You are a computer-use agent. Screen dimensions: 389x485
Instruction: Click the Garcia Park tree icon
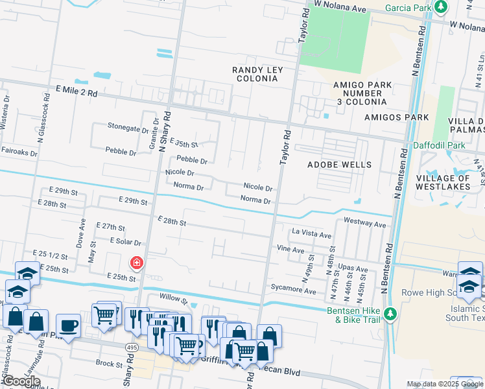pyautogui.click(x=442, y=7)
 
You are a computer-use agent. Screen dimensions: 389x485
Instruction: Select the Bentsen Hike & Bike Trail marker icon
pyautogui.click(x=390, y=314)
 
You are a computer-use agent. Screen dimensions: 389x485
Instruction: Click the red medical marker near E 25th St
pyautogui.click(x=137, y=263)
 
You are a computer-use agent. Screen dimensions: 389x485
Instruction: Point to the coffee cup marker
pyautogui.click(x=68, y=325)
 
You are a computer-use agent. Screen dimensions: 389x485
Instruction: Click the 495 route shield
pyautogui.click(x=130, y=348)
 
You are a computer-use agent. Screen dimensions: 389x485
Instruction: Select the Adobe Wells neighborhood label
pyautogui.click(x=340, y=165)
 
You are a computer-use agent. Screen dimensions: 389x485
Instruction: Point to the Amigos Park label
pyautogui.click(x=396, y=117)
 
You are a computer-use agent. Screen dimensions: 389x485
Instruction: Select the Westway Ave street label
pyautogui.click(x=364, y=223)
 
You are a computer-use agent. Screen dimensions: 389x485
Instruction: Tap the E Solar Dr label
pyautogui.click(x=125, y=241)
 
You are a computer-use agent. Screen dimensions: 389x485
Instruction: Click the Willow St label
pyautogui.click(x=174, y=301)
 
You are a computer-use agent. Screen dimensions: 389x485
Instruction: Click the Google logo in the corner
pyautogui.click(x=21, y=381)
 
